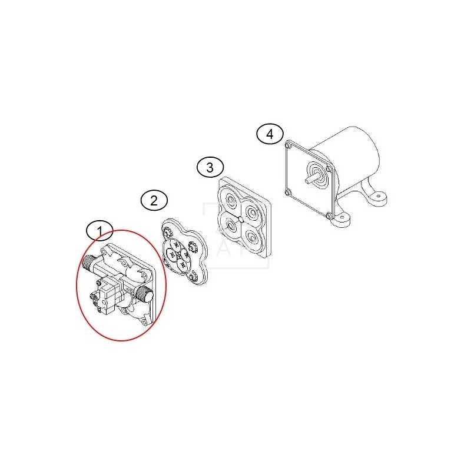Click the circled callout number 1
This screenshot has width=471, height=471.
tap(99, 231)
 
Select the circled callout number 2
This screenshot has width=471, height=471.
tap(154, 200)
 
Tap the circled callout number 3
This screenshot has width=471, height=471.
tap(210, 167)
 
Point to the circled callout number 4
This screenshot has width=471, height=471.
tap(270, 134)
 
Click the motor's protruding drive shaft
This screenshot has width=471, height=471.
tap(313, 178)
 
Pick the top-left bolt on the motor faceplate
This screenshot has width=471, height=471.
tap(289, 146)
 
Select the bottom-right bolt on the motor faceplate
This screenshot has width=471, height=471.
tap(329, 215)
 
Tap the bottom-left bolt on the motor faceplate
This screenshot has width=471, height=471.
tap(288, 193)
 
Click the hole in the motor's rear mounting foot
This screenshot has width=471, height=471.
tap(379, 197)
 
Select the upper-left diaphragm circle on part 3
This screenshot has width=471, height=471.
tap(231, 199)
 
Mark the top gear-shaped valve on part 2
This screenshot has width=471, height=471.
tap(167, 232)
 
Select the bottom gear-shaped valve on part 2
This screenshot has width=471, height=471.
tap(194, 275)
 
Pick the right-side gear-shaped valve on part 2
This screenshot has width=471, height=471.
tap(192, 247)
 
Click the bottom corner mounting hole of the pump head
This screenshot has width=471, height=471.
tap(144, 323)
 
